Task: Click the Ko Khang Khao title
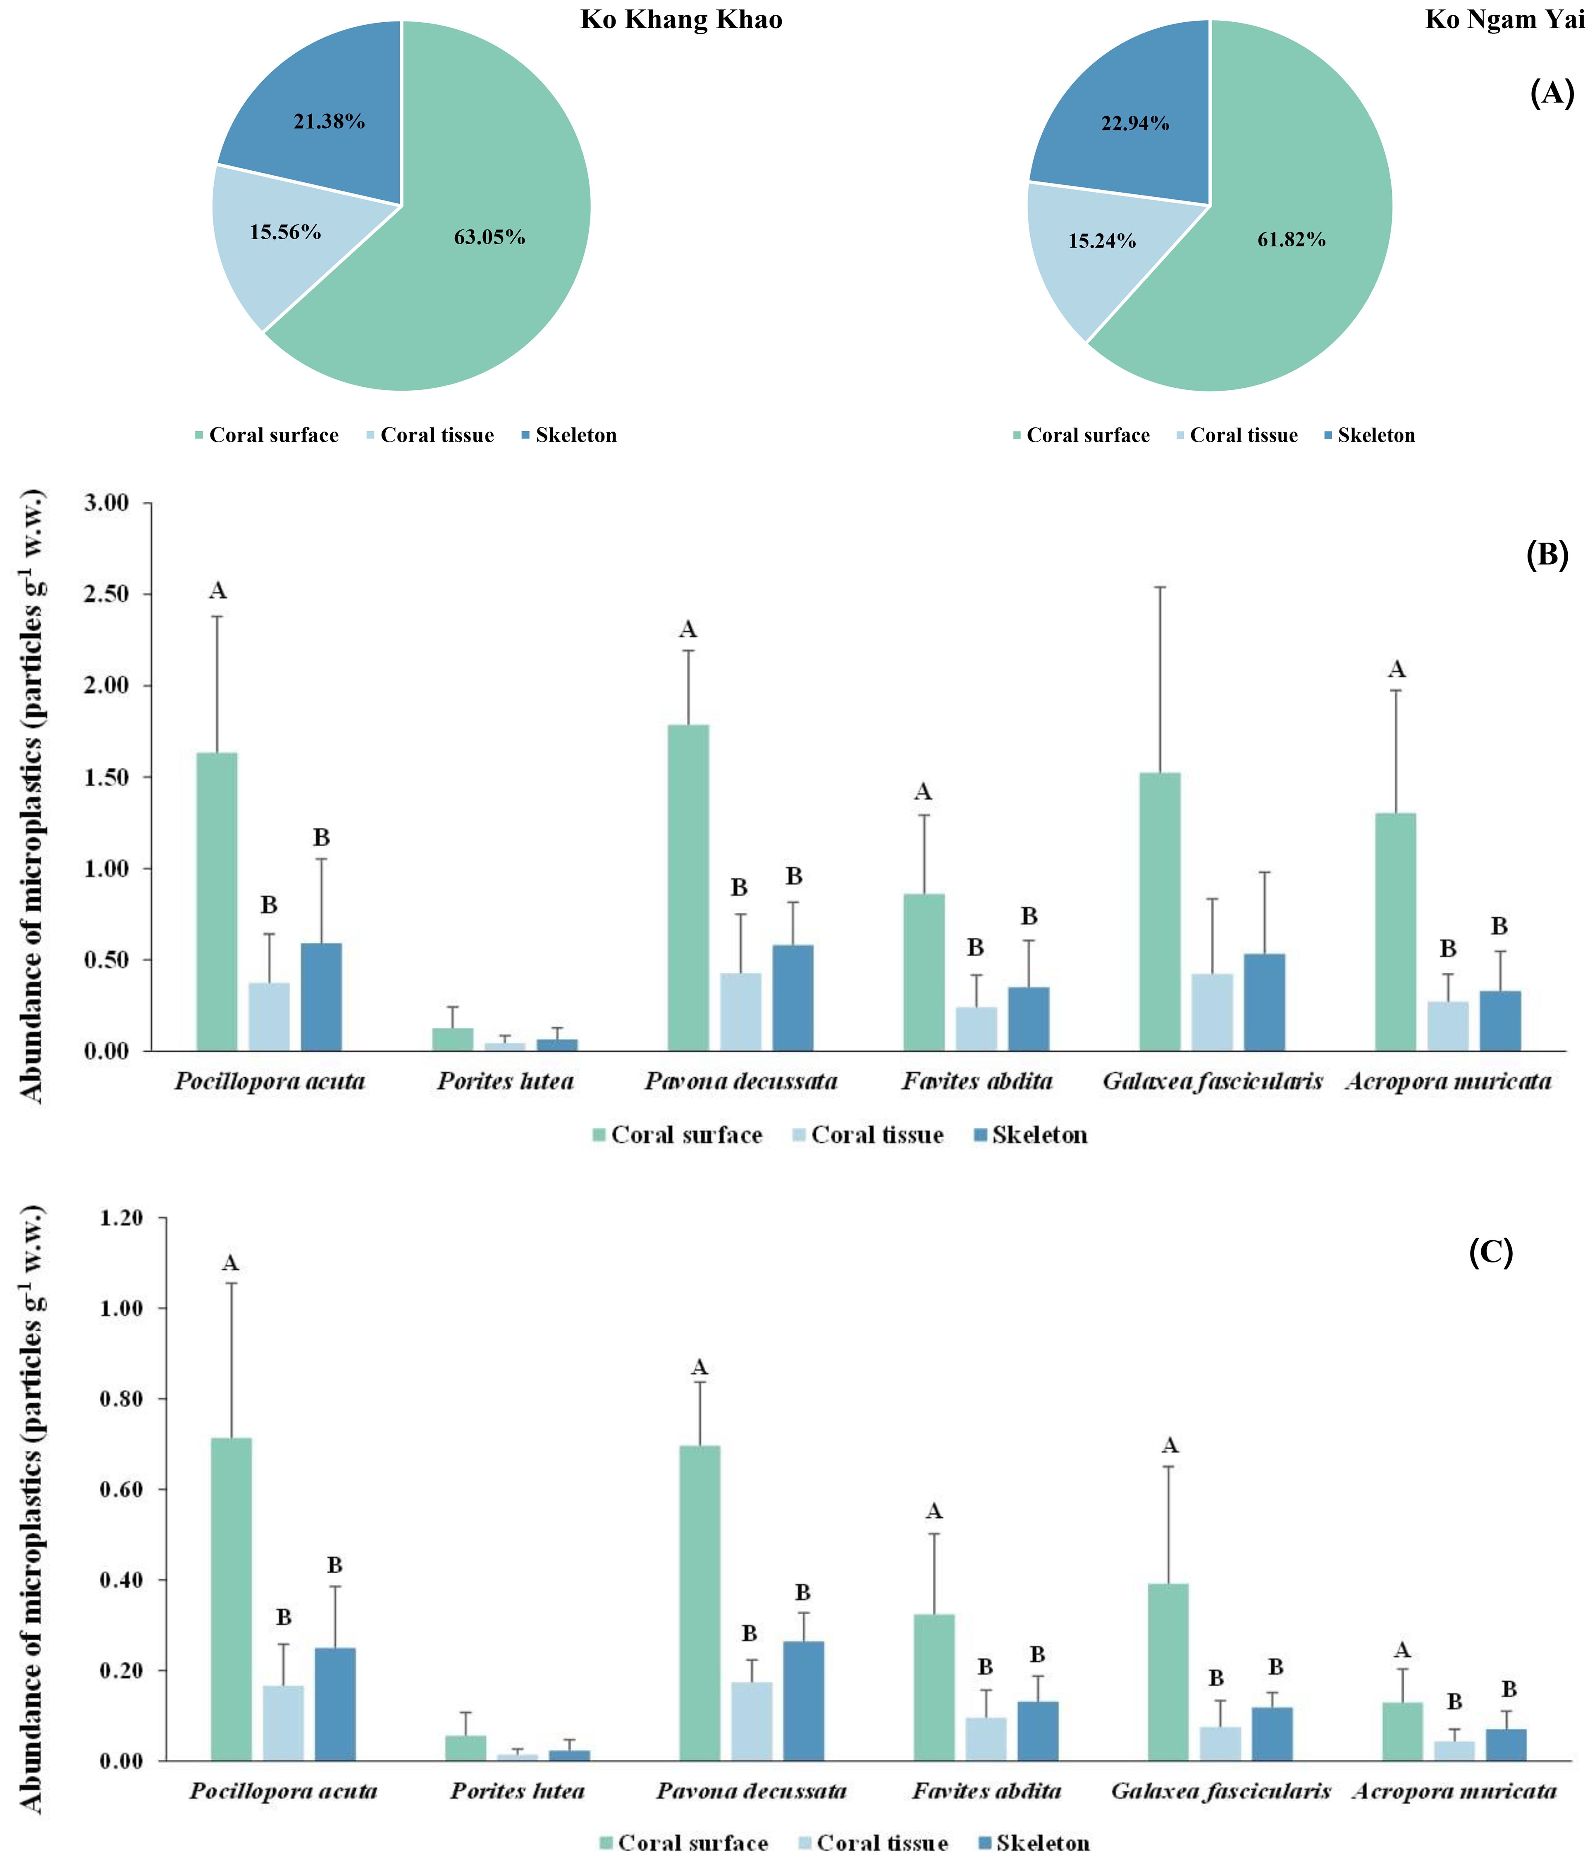click(x=681, y=20)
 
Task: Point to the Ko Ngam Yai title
click(x=1504, y=20)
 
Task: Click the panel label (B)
click(x=1547, y=555)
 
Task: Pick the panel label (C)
click(x=1491, y=1251)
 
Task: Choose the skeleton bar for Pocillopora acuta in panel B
click(x=322, y=997)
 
